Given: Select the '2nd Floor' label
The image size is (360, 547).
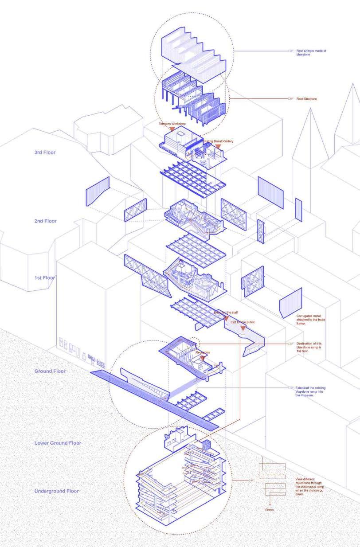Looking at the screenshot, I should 45,221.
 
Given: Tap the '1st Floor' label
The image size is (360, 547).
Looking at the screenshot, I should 45,278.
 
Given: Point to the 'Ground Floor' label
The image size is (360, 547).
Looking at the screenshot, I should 50,371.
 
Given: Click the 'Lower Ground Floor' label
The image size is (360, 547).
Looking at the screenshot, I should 58,443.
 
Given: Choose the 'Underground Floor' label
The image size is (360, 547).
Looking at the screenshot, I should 56,491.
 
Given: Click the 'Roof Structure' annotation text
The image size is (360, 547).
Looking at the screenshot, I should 307,99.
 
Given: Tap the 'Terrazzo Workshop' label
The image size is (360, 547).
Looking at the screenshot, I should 171,124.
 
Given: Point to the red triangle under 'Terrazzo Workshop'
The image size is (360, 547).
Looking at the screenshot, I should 172,129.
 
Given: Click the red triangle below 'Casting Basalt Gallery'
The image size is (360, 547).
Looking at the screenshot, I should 218,146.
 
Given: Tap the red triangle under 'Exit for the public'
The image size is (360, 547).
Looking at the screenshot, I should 243,328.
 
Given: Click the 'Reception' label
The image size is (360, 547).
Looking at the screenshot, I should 203,352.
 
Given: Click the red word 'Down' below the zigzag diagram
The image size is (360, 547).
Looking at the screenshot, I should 270,510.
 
